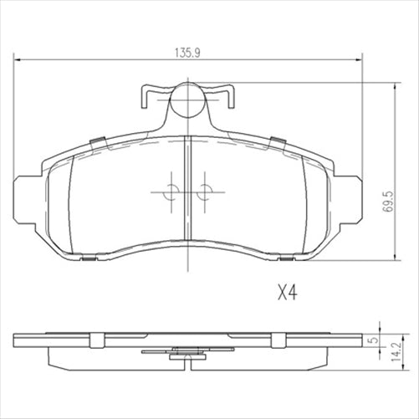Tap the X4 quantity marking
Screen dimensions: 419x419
[x=288, y=294]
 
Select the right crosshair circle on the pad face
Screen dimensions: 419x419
[x=202, y=192]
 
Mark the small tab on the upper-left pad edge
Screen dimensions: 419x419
[x=97, y=138]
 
